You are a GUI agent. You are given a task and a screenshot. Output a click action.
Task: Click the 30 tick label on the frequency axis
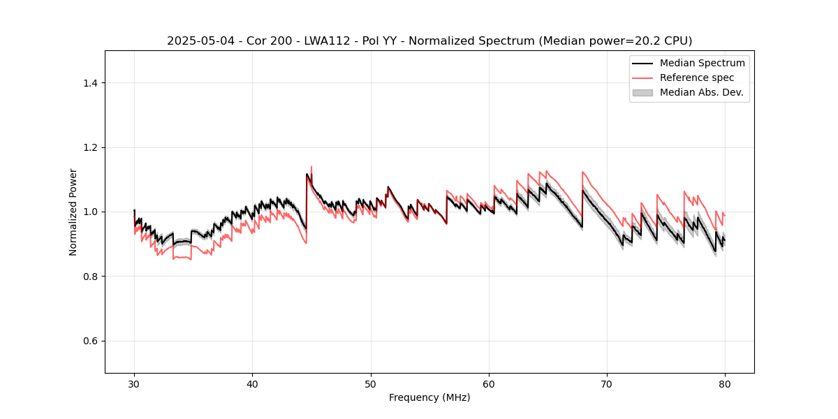click(x=134, y=383)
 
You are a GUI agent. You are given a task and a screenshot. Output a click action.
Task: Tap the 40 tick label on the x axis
click(x=252, y=383)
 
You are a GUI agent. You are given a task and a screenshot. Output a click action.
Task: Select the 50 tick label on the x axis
click(x=371, y=383)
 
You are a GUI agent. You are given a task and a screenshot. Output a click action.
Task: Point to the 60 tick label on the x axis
click(x=489, y=383)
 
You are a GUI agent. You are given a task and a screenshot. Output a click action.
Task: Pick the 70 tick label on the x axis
click(x=607, y=383)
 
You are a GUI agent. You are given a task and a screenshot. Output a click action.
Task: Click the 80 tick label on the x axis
click(x=725, y=383)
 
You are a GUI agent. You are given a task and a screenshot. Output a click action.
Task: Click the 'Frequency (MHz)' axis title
click(x=429, y=397)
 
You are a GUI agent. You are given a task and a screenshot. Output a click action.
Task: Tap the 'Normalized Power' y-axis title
click(x=73, y=212)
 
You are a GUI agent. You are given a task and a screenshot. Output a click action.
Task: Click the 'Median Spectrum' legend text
click(x=702, y=63)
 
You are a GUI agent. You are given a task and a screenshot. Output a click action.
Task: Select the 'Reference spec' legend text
click(x=697, y=78)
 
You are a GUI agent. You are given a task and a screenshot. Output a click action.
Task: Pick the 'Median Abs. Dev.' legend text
click(x=702, y=92)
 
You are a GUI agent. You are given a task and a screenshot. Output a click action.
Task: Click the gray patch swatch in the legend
click(x=642, y=92)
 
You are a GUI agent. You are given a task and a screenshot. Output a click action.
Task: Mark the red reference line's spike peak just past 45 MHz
click(x=311, y=167)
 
